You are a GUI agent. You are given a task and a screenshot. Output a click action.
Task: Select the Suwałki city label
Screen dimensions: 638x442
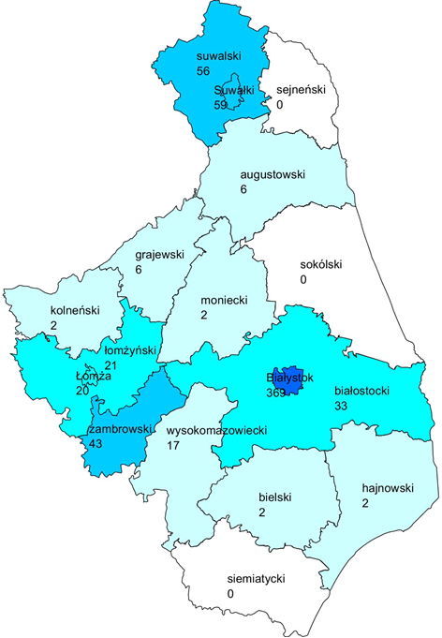click(234, 90)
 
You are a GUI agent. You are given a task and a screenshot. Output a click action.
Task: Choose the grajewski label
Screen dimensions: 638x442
click(158, 255)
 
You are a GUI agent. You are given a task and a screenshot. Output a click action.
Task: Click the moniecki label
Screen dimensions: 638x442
click(224, 301)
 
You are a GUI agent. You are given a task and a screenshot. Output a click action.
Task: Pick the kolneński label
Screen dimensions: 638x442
click(74, 310)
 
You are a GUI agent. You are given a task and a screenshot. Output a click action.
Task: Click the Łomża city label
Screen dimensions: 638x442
click(94, 376)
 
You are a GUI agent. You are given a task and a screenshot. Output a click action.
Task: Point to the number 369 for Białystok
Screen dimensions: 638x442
click(276, 393)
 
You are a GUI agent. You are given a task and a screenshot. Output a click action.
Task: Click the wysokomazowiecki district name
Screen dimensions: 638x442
click(217, 431)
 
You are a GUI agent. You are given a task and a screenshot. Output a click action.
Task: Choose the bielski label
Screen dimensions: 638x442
click(275, 497)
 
